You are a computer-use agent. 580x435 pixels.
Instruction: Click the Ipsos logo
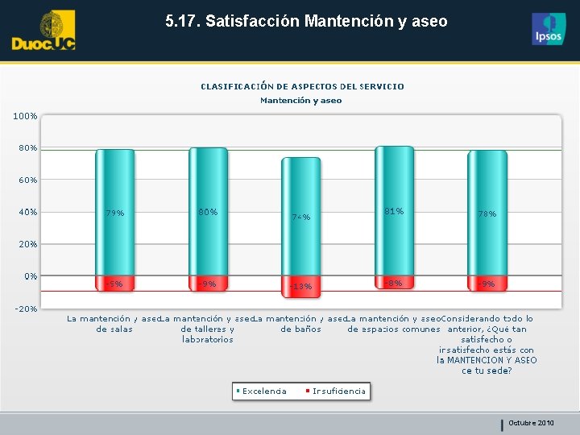pos(549,29)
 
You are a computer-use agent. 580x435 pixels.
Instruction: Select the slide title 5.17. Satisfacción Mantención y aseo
pos(306,22)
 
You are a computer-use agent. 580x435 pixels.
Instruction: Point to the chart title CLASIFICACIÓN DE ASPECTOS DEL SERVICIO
pos(302,86)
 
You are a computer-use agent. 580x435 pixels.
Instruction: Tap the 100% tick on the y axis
pos(25,116)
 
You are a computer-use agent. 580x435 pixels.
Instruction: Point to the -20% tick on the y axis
pos(25,309)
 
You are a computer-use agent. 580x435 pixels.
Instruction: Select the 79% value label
pos(114,213)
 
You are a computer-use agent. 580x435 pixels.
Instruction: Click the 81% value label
pos(394,211)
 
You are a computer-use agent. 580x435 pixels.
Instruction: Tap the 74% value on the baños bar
pos(300,217)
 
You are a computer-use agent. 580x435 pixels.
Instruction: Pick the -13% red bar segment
pos(300,286)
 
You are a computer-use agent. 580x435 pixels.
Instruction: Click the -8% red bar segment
pos(394,283)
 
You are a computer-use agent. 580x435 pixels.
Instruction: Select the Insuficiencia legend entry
pos(338,391)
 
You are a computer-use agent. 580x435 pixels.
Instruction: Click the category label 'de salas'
pos(114,329)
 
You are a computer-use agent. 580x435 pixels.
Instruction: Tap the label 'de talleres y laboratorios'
pos(208,334)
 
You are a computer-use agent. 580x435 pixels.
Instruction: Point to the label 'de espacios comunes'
pos(394,329)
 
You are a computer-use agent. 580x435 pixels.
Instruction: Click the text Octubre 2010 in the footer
pos(531,423)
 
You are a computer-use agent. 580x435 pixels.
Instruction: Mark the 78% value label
pos(487,214)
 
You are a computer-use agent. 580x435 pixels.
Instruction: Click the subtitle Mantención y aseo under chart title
pos(300,101)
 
